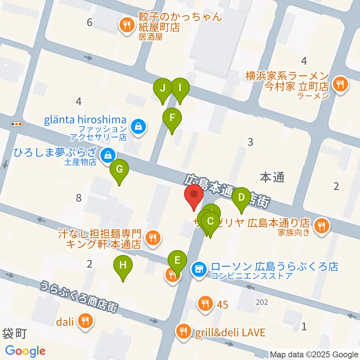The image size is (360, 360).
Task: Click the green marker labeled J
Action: click(x=163, y=89)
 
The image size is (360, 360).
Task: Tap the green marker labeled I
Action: click(x=180, y=89)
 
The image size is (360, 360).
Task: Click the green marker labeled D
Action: click(x=241, y=198)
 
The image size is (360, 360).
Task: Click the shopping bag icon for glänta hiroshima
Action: click(x=139, y=126)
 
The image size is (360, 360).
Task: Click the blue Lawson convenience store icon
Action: click(x=199, y=268)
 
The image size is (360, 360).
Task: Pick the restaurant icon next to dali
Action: click(x=85, y=321)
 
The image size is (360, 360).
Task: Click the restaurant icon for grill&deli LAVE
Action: click(x=183, y=331)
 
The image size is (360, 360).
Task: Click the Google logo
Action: click(x=25, y=351)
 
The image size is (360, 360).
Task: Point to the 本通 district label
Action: click(x=272, y=177)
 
